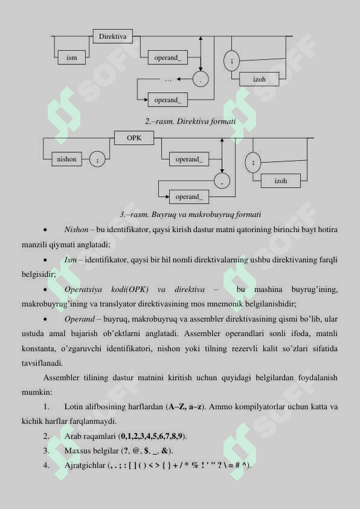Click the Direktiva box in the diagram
pyautogui.click(x=113, y=37)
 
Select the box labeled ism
pyautogui.click(x=72, y=58)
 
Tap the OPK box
pyautogui.click(x=134, y=138)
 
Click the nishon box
pyautogui.click(x=66, y=160)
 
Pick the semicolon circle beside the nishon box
pyautogui.click(x=97, y=160)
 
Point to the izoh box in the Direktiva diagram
pyautogui.click(x=260, y=80)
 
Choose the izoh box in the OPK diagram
pyautogui.click(x=281, y=181)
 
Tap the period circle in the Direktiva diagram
pyautogui.click(x=201, y=79)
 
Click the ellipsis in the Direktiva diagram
pyautogui.click(x=169, y=79)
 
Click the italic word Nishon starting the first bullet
pyautogui.click(x=76, y=230)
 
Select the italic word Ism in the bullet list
pyautogui.click(x=70, y=259)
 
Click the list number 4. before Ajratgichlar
pyautogui.click(x=47, y=465)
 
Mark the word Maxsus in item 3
pyautogui.click(x=77, y=450)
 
